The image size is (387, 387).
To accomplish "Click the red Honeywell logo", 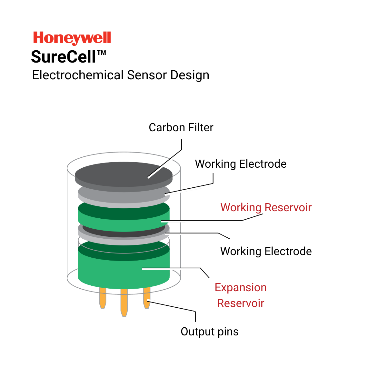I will [x=72, y=38].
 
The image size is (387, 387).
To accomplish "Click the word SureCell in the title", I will [x=64, y=57].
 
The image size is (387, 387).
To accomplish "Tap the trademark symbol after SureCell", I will [x=102, y=53].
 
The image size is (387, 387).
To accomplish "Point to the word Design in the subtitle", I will [x=190, y=75].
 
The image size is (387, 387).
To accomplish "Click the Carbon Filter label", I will [x=181, y=128].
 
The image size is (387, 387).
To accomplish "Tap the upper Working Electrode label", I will [x=241, y=164].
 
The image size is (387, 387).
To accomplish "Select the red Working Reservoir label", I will [x=266, y=207].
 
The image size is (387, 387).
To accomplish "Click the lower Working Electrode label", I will [x=266, y=251].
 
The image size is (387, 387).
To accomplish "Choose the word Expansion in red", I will [x=241, y=287].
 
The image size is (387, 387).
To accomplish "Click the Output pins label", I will [x=209, y=332].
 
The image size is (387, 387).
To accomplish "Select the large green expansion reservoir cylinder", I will [x=124, y=271].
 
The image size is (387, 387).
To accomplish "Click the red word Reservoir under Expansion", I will [x=241, y=303].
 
